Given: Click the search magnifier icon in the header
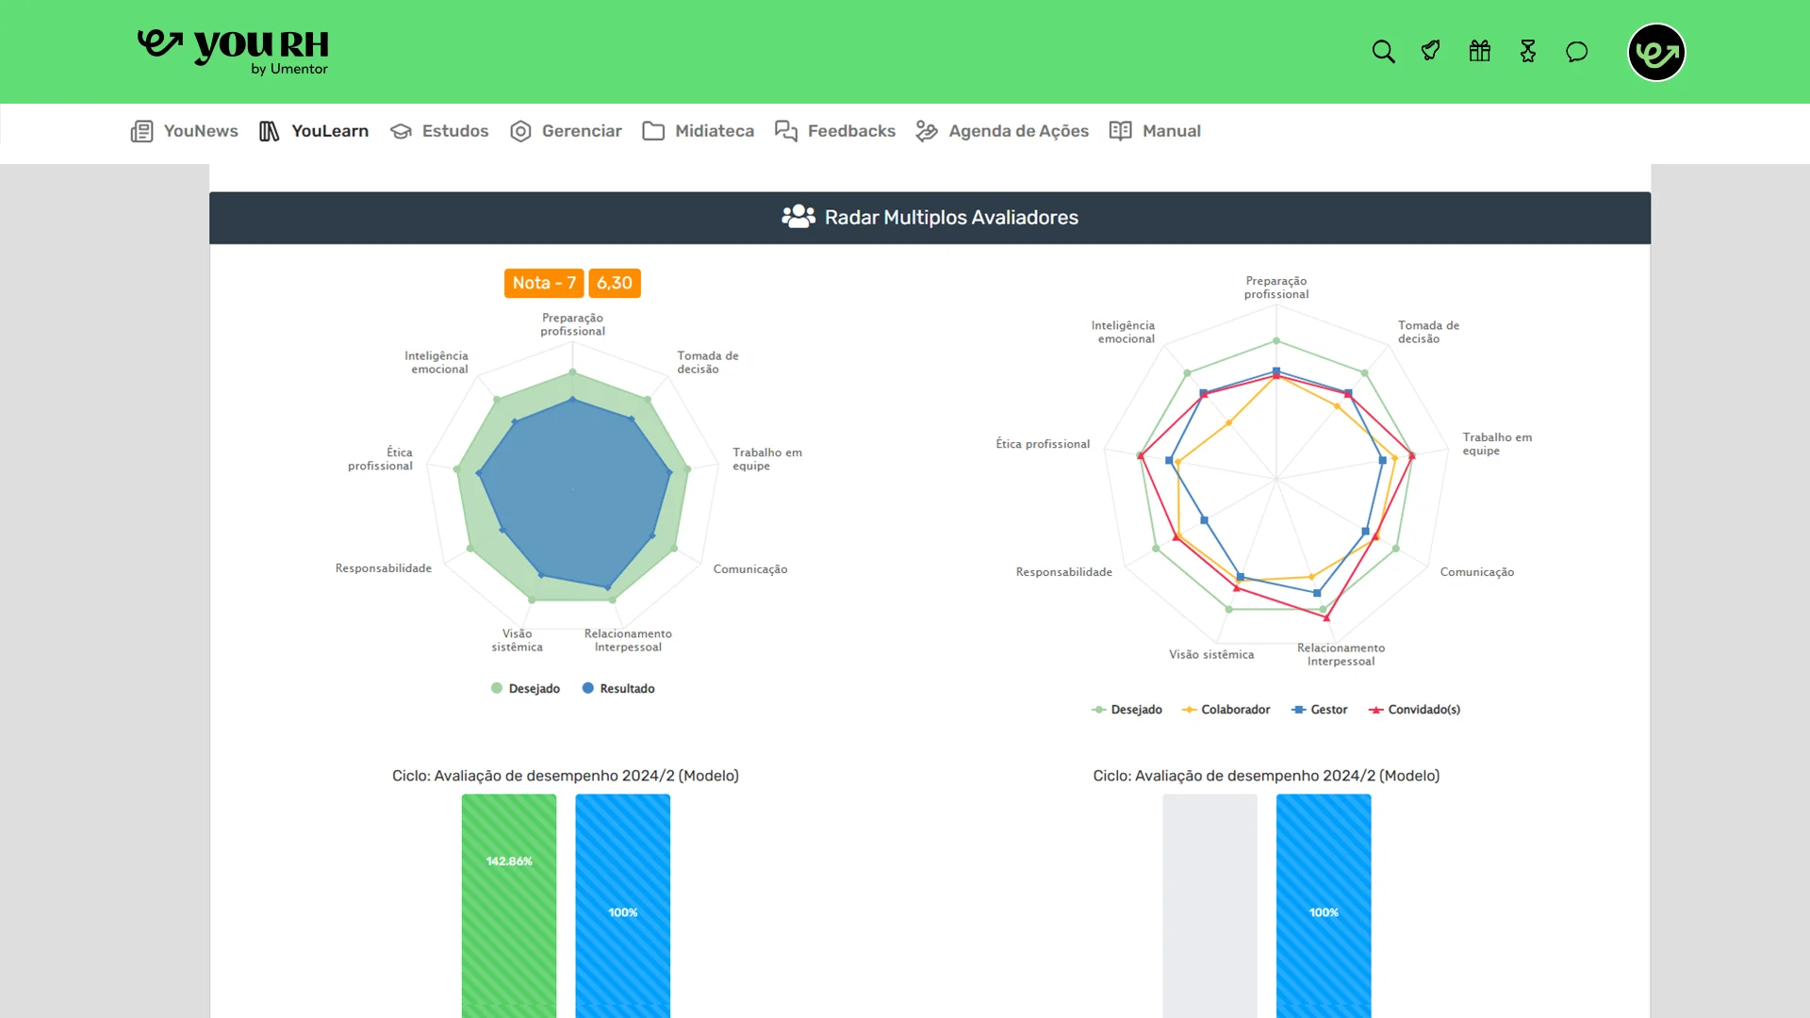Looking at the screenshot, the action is (x=1383, y=52).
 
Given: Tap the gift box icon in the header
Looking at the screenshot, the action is (x=1480, y=51).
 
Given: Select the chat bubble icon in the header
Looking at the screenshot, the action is (x=1577, y=52).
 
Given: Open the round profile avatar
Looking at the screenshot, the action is (x=1656, y=52).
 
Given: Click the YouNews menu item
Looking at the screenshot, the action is (x=185, y=131).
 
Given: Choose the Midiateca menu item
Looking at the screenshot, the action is (x=699, y=131).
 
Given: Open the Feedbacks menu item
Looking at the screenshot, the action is (x=835, y=131).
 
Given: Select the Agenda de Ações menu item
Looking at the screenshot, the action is (x=1002, y=131).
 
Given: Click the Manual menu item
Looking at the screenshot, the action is (x=1155, y=131).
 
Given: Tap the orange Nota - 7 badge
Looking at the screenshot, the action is (x=544, y=283).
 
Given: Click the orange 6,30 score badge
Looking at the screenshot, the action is (x=615, y=283).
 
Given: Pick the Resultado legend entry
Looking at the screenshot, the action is (x=618, y=689).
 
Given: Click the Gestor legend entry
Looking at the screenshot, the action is (x=1320, y=710).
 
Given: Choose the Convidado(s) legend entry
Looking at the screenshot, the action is (x=1415, y=710).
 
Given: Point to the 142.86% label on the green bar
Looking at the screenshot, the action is (x=509, y=862).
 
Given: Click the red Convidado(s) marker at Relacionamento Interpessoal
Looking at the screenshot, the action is (x=1327, y=618).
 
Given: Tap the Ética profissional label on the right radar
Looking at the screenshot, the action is (x=1043, y=444).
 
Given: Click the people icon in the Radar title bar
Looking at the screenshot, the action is (x=798, y=217).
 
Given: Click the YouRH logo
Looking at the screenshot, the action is (x=234, y=52).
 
